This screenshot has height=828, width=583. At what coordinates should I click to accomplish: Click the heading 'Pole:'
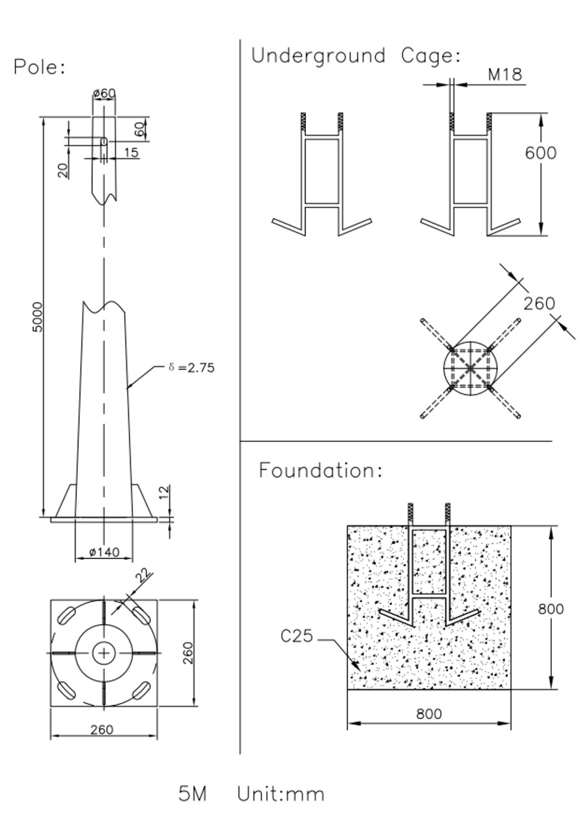(40, 67)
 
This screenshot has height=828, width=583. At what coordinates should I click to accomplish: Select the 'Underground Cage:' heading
(356, 56)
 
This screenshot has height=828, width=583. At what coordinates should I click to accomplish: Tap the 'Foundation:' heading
(321, 470)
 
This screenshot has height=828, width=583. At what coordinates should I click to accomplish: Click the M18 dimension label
(505, 75)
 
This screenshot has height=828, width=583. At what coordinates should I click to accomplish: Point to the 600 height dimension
(540, 153)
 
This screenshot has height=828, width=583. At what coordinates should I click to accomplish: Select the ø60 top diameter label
(104, 93)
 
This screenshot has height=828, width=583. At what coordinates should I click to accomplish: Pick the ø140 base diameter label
(104, 552)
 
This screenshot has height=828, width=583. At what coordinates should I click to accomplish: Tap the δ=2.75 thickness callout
(192, 367)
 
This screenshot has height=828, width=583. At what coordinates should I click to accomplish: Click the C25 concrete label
(297, 636)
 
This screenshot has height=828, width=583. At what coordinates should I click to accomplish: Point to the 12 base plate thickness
(165, 493)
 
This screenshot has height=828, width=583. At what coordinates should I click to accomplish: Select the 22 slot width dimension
(143, 575)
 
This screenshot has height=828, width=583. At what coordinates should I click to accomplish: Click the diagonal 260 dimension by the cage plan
(539, 303)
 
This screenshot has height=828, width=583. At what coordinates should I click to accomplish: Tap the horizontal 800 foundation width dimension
(429, 714)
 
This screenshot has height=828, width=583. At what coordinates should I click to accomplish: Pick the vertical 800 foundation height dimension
(551, 608)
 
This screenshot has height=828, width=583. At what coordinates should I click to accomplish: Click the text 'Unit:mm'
(280, 794)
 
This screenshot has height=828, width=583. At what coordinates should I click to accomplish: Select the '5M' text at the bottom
(192, 794)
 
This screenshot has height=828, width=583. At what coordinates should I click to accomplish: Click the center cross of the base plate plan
(103, 653)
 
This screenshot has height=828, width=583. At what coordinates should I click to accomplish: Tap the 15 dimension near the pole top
(130, 153)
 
